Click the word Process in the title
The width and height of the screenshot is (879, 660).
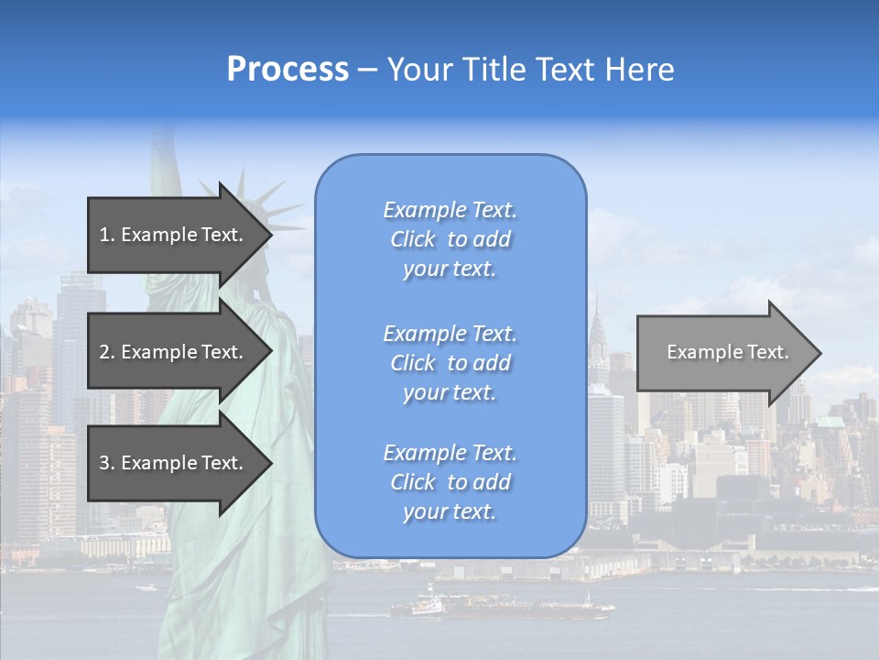(288, 70)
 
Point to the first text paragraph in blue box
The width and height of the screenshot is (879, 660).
(450, 239)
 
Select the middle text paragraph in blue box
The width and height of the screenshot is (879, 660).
(450, 363)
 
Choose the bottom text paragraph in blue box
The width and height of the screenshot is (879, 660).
(450, 482)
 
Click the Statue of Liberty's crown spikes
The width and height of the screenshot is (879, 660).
(266, 206)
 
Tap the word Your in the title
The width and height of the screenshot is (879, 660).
(418, 70)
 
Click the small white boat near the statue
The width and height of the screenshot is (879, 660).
(146, 587)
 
